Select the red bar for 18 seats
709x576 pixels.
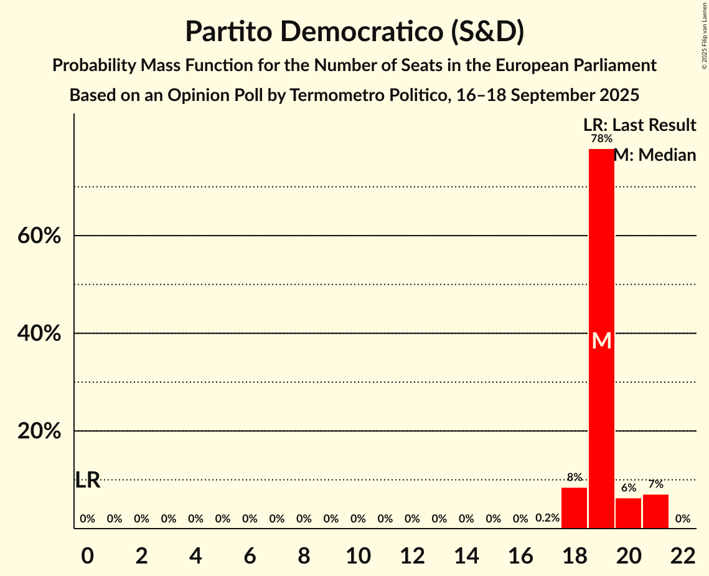[574, 507]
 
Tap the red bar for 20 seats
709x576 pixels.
[628, 512]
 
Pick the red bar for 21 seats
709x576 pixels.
[655, 511]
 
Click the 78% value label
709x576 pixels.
[601, 138]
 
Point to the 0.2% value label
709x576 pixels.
[547, 518]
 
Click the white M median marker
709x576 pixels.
[601, 340]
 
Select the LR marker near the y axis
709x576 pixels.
[88, 480]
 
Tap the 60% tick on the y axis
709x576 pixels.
[39, 236]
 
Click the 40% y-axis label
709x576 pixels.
[39, 334]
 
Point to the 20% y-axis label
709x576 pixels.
[39, 431]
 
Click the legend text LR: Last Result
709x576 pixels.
[639, 125]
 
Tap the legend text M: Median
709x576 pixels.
[655, 155]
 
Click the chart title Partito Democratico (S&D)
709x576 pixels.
[354, 31]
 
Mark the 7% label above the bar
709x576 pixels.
[655, 484]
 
